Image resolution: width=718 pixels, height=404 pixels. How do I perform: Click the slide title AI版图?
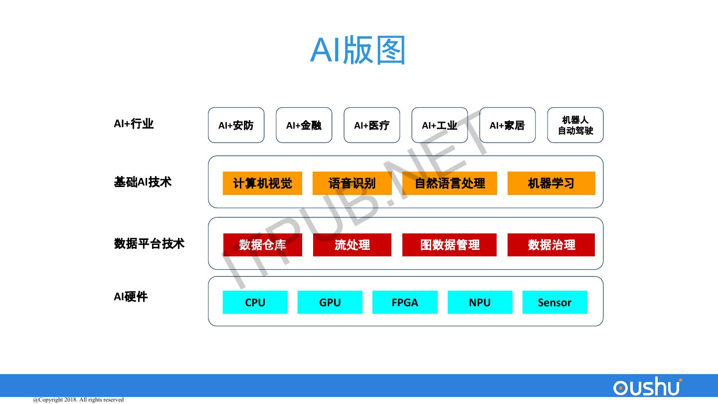tap(358, 50)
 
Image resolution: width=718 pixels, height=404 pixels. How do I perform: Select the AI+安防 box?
tap(236, 125)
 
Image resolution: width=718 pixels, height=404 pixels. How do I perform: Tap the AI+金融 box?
tap(304, 125)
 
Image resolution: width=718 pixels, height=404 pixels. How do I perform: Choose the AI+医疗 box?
tap(371, 125)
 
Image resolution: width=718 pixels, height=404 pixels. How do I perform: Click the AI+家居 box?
tap(507, 125)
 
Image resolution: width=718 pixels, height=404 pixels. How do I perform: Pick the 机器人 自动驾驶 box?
tap(575, 125)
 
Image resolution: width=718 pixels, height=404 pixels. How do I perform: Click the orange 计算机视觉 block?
tap(262, 183)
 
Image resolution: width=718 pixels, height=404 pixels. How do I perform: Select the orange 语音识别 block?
tap(352, 183)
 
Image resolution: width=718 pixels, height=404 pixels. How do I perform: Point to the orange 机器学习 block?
tap(551, 183)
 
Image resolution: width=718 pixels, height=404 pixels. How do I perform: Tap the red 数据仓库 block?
tap(262, 245)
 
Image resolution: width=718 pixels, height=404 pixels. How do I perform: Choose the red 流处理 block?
tap(352, 245)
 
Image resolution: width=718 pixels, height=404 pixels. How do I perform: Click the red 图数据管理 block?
tap(449, 245)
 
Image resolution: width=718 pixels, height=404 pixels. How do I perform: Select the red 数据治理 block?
tap(551, 245)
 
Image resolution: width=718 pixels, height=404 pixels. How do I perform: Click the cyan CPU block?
tap(255, 302)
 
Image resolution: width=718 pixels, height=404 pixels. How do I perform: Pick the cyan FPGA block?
tap(405, 302)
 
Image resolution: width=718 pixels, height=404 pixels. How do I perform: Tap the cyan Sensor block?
tap(554, 302)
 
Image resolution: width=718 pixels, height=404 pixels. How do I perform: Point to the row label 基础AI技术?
tap(143, 182)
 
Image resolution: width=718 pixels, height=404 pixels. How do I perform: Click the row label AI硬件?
tap(131, 297)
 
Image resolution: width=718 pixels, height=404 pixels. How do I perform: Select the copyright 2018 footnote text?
tap(78, 400)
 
